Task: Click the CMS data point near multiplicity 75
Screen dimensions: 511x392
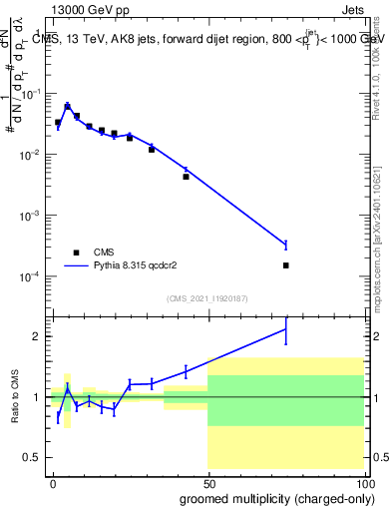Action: (x=286, y=265)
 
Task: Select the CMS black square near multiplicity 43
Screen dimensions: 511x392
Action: (x=187, y=177)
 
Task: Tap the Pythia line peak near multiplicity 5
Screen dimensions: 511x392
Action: (x=67, y=105)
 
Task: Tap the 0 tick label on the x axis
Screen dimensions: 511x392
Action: (x=53, y=482)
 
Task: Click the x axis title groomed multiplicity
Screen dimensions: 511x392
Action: (x=265, y=498)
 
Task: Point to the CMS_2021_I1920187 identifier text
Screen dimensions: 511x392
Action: (x=207, y=298)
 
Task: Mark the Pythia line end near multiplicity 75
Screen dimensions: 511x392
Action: (x=286, y=245)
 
